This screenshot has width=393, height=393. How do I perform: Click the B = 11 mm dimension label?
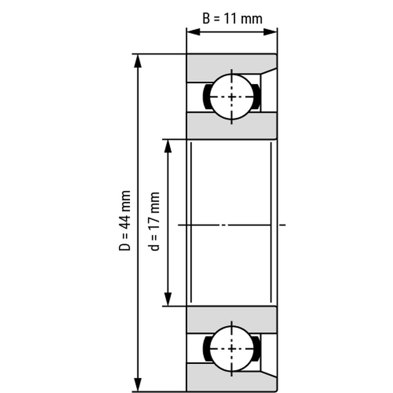tap(232, 19)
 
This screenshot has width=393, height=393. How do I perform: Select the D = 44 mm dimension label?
tap(124, 221)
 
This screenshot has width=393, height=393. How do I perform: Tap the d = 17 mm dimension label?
tap(154, 221)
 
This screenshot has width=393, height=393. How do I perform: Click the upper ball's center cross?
tap(231, 97)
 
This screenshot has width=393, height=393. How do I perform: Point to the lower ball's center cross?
tap(231, 348)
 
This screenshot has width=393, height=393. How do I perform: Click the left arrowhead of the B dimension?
tap(193, 32)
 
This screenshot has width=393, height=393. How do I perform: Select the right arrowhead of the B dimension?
tap(270, 32)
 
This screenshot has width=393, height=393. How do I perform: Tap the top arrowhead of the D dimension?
tap(138, 61)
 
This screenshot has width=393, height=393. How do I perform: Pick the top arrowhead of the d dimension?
tap(168, 146)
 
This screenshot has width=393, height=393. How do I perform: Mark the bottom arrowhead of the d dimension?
tap(168, 299)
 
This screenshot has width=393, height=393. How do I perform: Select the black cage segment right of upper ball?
tap(257, 97)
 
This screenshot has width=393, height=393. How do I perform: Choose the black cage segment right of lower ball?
tap(257, 348)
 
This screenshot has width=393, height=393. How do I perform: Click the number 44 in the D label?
tap(124, 220)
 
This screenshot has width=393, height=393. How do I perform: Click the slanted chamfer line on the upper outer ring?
tap(269, 71)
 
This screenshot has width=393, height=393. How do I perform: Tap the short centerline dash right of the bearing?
tap(283, 225)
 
